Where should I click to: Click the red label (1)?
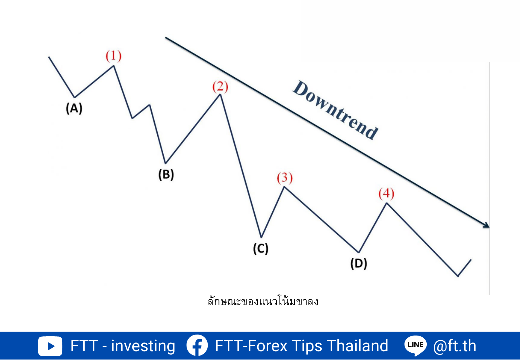tap(114, 56)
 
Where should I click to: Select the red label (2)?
tap(220, 87)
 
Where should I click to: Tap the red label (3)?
tap(285, 178)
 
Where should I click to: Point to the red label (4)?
tap(386, 193)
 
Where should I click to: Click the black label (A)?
tap(74, 108)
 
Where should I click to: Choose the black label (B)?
tap(166, 174)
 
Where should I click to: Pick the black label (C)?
tap(261, 248)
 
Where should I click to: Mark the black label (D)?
tap(359, 264)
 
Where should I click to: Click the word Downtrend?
tap(335, 110)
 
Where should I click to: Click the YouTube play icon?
tap(50, 346)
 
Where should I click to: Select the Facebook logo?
tap(197, 346)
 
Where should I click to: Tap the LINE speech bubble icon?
tap(415, 346)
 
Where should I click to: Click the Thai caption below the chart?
tap(263, 301)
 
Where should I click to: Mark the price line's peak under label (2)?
tap(220, 95)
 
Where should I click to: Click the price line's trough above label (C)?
tap(261, 237)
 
